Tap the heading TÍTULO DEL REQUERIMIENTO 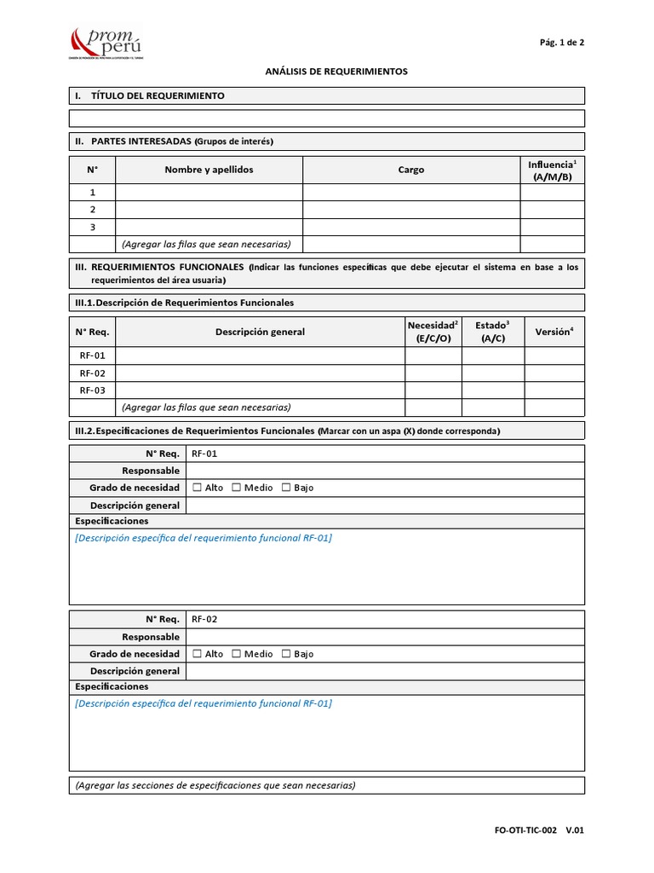point(158,95)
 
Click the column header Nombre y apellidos point(209,170)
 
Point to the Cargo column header point(411,170)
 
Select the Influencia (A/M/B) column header point(552,170)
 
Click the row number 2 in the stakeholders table point(92,210)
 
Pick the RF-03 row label point(92,390)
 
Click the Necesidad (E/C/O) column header point(433,332)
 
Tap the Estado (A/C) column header point(492,332)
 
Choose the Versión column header point(554,332)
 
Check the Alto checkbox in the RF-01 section point(198,488)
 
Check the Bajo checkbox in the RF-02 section point(286,654)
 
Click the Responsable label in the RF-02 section point(151,637)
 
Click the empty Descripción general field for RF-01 point(385,505)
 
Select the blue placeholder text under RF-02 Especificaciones point(204,703)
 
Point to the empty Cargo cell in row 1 point(411,193)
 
